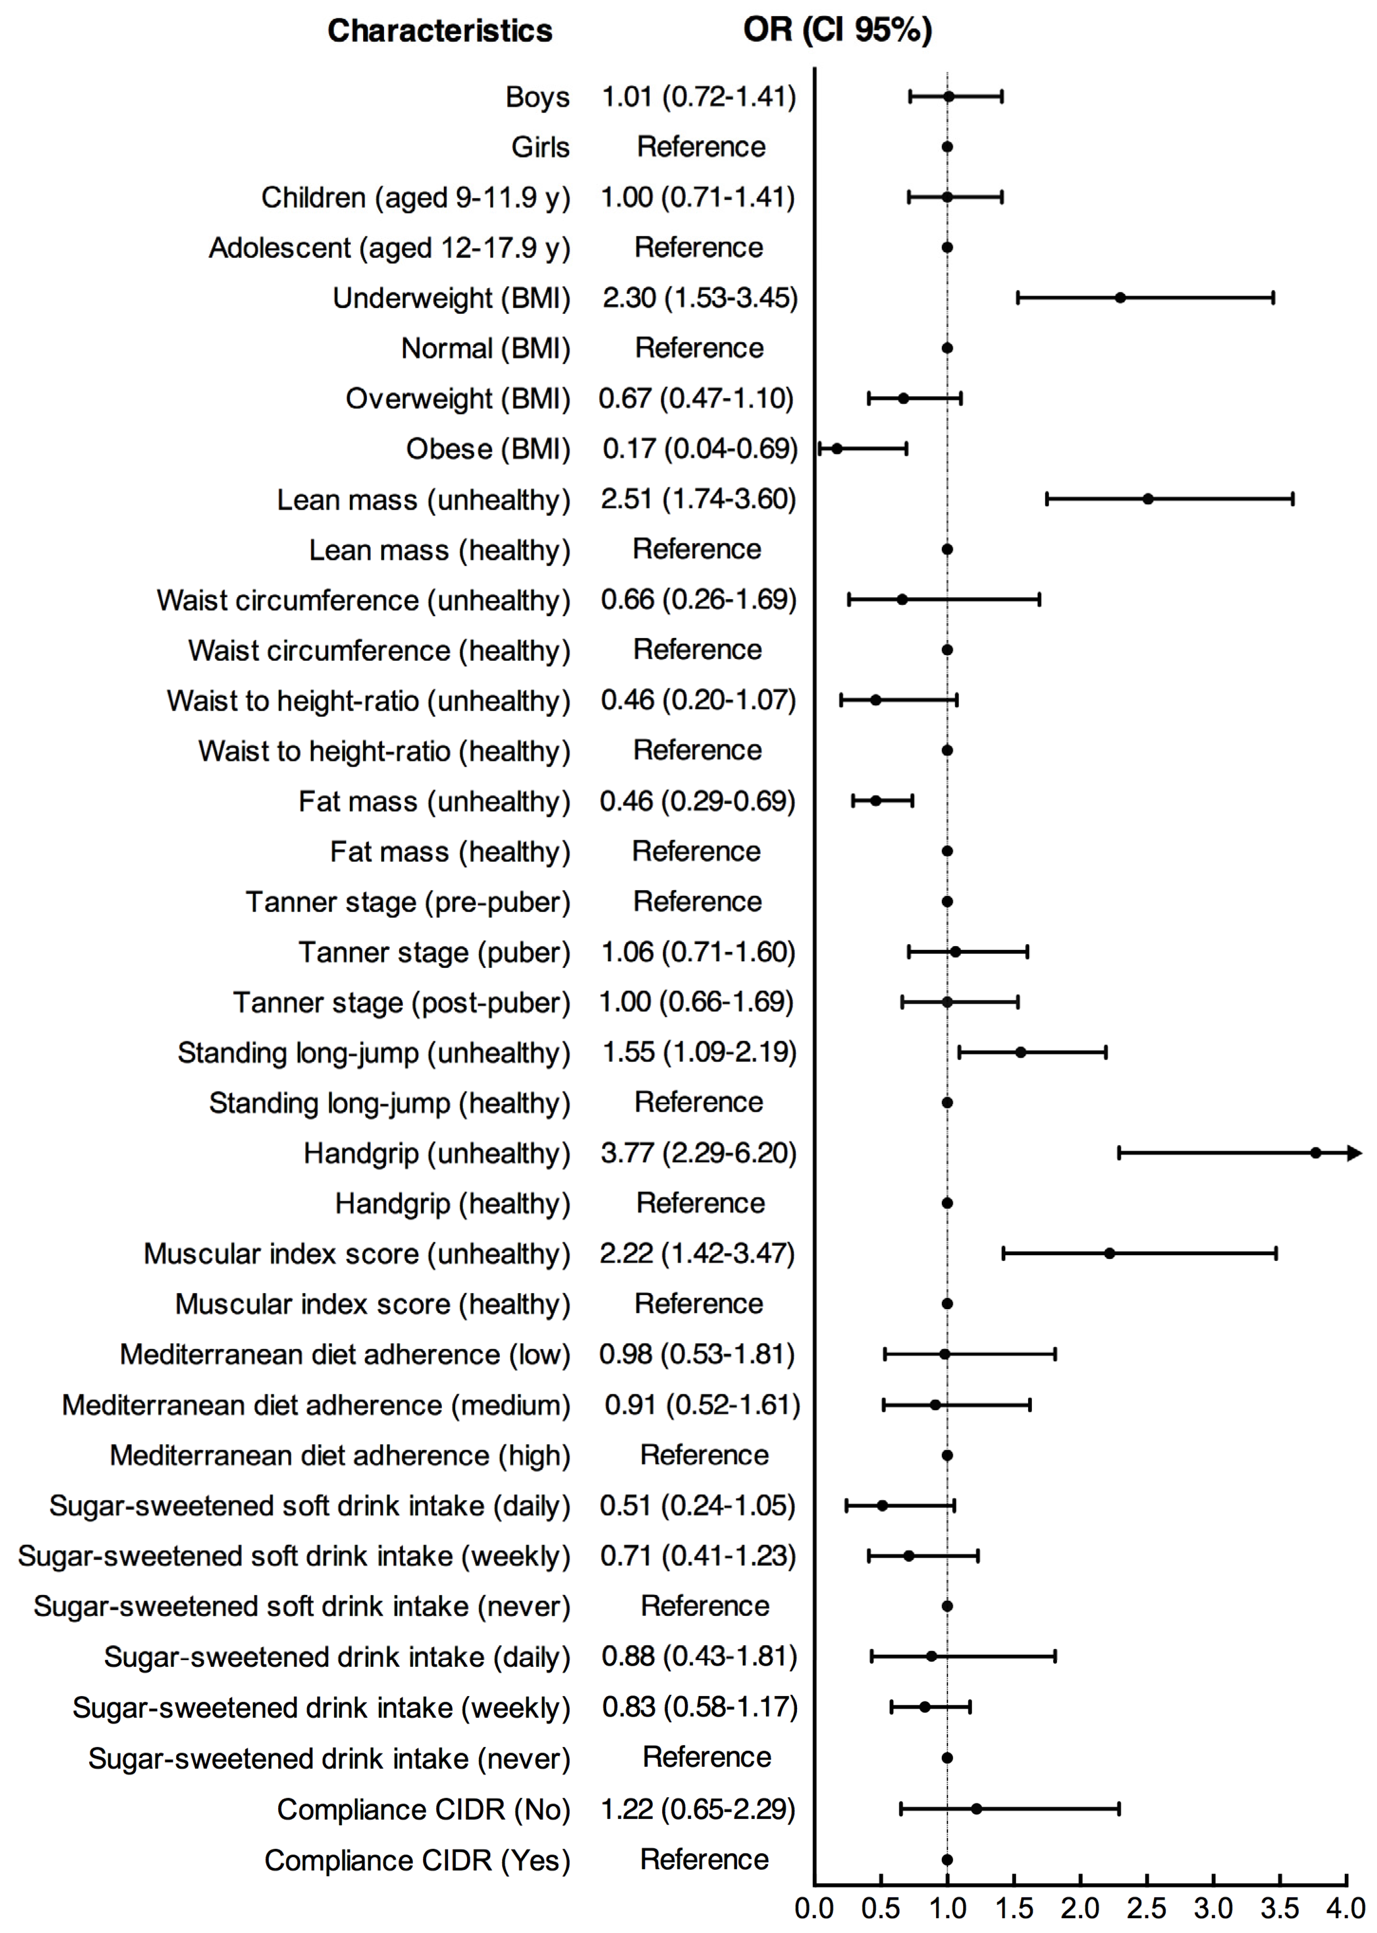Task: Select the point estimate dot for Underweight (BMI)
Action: pos(1120,298)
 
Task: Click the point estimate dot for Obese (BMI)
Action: pos(837,449)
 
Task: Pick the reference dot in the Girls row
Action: pos(947,147)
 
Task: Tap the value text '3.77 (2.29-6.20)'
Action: pos(699,1153)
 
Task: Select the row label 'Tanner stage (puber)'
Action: pos(434,952)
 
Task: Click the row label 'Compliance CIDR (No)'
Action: pos(423,1809)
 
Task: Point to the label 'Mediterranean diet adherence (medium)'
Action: pos(316,1405)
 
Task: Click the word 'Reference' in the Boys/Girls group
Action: pos(701,147)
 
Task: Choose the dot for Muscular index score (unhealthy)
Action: pos(1109,1253)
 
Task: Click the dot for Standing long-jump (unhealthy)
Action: pos(1021,1052)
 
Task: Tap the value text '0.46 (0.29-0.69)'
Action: pos(698,801)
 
